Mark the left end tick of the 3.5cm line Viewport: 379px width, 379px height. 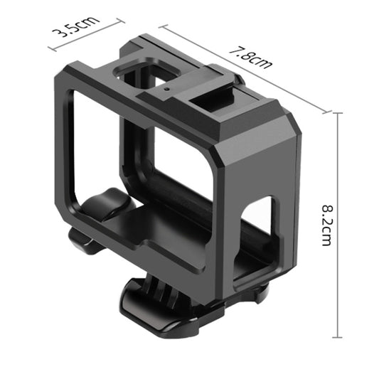50,49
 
